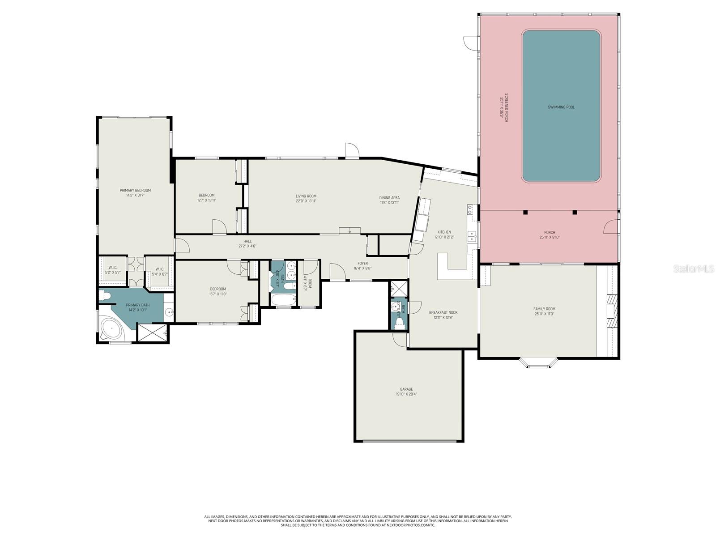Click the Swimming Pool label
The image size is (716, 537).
(x=561, y=107)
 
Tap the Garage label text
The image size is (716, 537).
(x=406, y=389)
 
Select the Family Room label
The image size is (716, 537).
(x=544, y=309)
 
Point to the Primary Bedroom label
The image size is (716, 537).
(x=135, y=190)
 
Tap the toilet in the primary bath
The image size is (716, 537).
(x=104, y=295)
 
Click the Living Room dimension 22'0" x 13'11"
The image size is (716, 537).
(x=306, y=201)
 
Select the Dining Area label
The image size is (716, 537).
(x=389, y=197)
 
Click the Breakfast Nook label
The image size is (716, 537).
(x=443, y=312)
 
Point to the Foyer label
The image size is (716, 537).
(x=362, y=264)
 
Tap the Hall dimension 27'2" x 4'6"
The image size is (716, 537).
(x=247, y=246)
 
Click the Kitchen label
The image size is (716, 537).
(x=444, y=232)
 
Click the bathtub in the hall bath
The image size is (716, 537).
(x=284, y=300)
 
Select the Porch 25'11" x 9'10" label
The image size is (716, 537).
(x=550, y=234)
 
